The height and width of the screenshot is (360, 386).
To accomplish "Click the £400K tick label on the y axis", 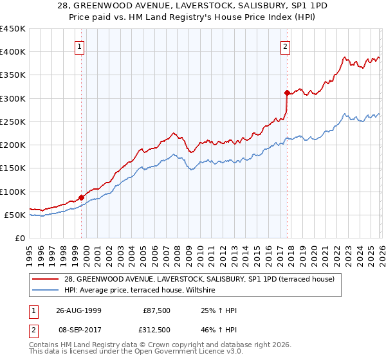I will coord(13,52).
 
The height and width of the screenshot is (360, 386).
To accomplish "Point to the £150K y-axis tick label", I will coord(13,168).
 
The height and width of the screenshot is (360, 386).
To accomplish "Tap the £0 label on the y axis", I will coord(19,239).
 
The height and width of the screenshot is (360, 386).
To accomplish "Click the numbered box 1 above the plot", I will coord(79,46).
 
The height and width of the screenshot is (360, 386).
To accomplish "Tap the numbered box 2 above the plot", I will coord(284,46).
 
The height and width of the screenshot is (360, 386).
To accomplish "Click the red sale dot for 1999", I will coord(82,197).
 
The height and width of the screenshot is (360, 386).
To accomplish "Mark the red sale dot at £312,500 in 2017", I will coord(287,93).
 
